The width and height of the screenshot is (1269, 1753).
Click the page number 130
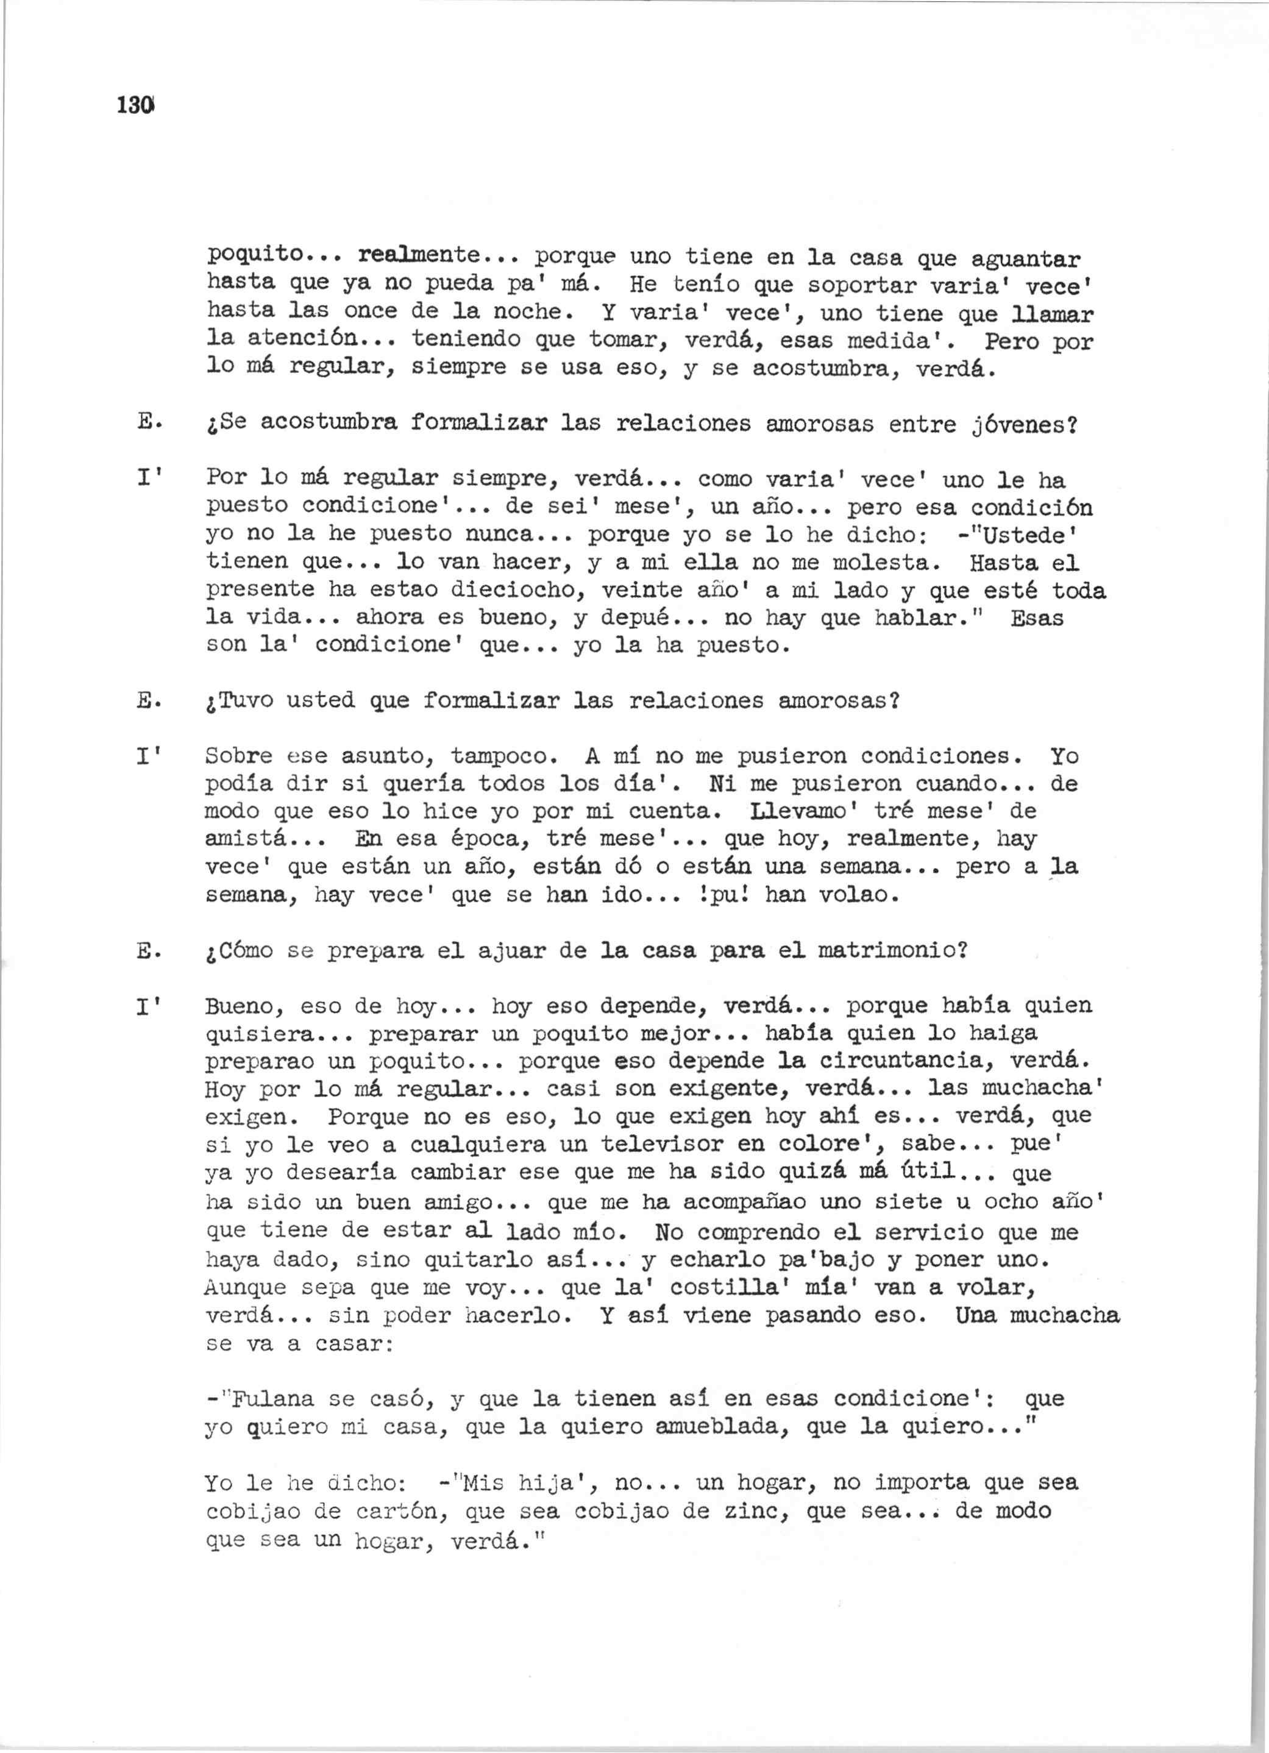click(136, 104)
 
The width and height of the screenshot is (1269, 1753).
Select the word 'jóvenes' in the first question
click(1004, 424)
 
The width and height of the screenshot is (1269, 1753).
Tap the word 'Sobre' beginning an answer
click(239, 756)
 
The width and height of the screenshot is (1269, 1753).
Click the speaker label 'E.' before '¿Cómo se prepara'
click(148, 951)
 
